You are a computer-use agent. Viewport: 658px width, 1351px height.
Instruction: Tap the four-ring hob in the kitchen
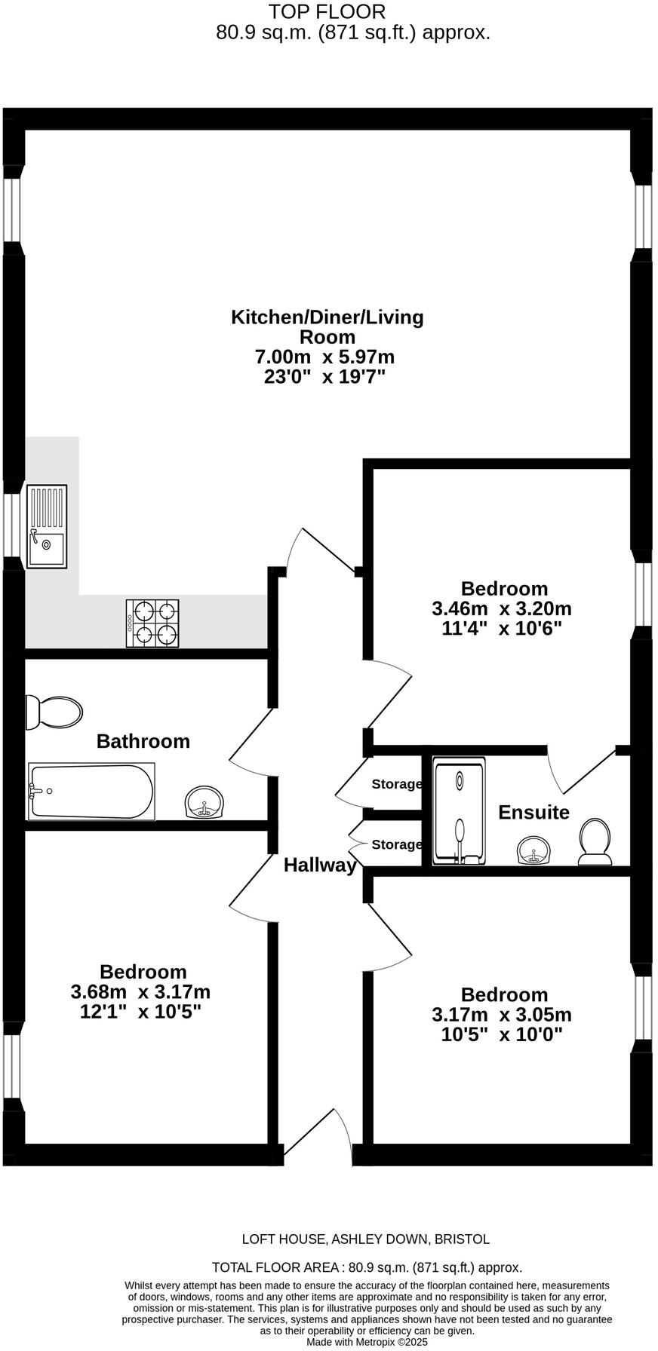152,623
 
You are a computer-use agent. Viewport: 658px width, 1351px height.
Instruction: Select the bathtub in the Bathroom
91,791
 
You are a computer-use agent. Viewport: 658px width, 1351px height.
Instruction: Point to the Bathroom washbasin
204,802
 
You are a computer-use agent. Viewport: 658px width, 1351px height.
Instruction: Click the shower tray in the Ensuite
459,811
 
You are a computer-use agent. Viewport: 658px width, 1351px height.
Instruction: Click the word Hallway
320,865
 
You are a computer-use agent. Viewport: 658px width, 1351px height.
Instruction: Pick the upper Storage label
397,784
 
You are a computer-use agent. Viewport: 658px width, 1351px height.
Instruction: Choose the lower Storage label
397,844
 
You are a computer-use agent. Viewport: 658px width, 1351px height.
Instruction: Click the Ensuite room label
534,812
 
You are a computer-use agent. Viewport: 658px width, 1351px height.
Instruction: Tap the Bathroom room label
143,741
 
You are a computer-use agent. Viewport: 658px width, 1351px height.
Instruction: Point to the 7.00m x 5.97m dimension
325,357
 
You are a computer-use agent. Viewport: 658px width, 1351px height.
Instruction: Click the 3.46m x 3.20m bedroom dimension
502,608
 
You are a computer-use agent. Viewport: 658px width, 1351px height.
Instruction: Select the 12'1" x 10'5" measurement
140,1011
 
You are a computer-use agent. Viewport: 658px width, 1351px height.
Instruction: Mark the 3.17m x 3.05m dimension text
502,1015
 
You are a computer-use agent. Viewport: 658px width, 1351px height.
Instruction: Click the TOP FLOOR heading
327,12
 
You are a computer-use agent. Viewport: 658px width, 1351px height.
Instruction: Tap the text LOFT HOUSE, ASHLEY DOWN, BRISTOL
366,1239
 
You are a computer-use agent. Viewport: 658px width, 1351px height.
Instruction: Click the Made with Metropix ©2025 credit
367,1342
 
